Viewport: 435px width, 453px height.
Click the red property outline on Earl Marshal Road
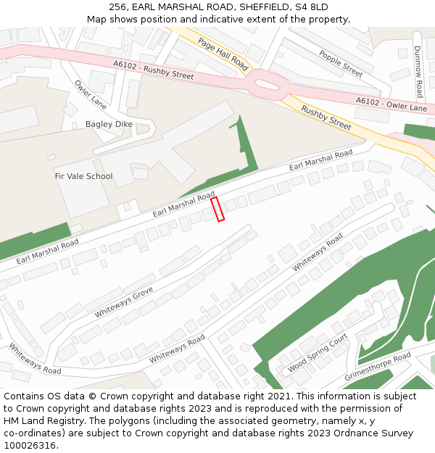[x=217, y=209]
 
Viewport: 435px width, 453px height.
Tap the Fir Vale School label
[x=83, y=176]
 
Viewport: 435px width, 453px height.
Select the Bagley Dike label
[x=109, y=124]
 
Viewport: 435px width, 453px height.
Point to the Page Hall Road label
[x=223, y=55]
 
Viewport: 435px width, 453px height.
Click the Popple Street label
[x=341, y=64]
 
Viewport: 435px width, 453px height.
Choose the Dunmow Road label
[x=418, y=72]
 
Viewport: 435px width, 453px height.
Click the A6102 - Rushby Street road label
[x=153, y=69]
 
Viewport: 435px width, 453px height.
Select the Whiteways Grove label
[x=123, y=302]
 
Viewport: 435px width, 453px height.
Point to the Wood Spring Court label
[x=318, y=354]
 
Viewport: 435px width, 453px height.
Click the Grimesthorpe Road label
[x=377, y=367]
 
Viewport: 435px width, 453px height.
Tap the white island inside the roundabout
[x=267, y=85]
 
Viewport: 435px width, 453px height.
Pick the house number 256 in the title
[x=118, y=7]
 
